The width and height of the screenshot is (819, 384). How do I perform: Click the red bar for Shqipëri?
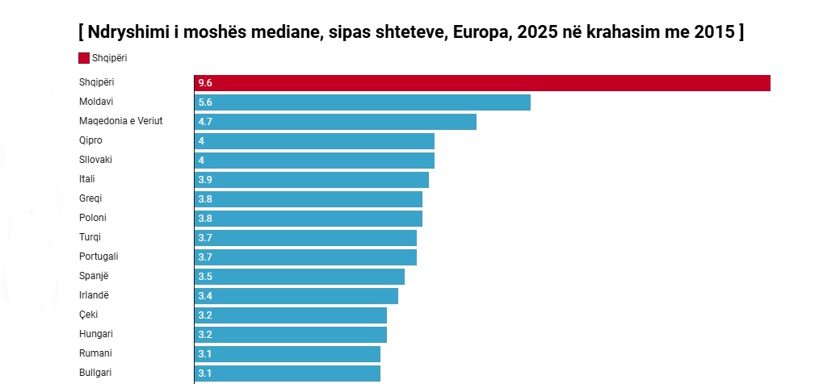(482, 83)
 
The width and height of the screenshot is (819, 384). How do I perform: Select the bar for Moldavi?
(363, 102)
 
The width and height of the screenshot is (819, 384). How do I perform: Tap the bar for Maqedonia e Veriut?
(335, 122)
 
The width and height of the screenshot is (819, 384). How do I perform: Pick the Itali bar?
(312, 180)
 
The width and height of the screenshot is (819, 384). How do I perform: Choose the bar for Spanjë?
(300, 277)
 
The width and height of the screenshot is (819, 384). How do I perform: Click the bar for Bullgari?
(288, 373)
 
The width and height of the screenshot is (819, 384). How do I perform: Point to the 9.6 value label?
(204, 83)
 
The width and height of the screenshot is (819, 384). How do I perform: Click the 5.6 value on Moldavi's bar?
(204, 102)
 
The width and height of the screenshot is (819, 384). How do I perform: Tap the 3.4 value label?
(204, 296)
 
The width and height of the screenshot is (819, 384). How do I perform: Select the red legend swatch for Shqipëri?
(84, 57)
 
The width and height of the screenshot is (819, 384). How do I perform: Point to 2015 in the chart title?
(714, 33)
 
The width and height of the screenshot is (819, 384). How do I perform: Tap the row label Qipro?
(90, 140)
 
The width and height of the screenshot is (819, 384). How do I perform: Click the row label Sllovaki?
(95, 160)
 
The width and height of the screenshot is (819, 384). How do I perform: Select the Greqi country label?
(90, 198)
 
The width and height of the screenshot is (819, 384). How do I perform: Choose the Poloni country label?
(93, 218)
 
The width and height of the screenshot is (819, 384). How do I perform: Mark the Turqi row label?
(90, 237)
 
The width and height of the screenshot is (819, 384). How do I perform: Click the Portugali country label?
(99, 257)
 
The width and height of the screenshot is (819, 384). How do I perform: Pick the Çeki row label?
(88, 315)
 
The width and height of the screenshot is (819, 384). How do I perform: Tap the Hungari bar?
(291, 335)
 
